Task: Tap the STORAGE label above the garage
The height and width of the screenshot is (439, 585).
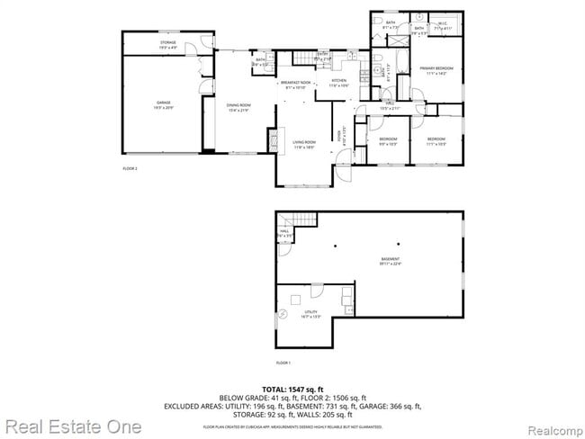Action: click(x=167, y=43)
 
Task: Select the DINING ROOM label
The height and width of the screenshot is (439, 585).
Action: click(x=238, y=106)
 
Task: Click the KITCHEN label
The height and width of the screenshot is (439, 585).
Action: click(x=338, y=85)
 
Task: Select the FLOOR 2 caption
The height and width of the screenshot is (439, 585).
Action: click(x=130, y=168)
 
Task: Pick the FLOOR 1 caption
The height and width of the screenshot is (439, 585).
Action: click(x=283, y=362)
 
